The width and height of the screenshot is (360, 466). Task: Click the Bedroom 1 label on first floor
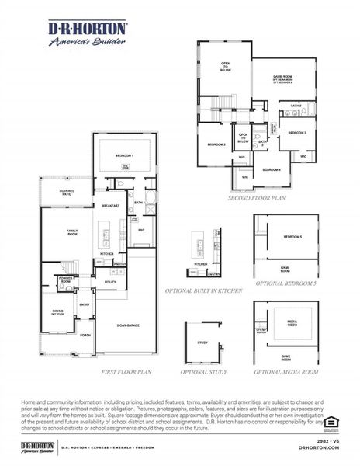coord(124,156)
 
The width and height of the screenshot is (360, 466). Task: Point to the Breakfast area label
coord(109,206)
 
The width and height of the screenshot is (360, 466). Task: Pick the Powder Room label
coord(66,280)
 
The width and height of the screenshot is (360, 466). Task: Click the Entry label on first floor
coord(84,304)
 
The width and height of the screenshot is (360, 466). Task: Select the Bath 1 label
coord(139,203)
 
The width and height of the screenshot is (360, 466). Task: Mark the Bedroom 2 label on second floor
coord(216,144)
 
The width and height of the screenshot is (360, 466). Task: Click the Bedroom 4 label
coord(271,169)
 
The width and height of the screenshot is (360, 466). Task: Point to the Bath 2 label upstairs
coord(296,105)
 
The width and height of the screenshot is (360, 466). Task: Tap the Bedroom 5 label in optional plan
coord(292,236)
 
